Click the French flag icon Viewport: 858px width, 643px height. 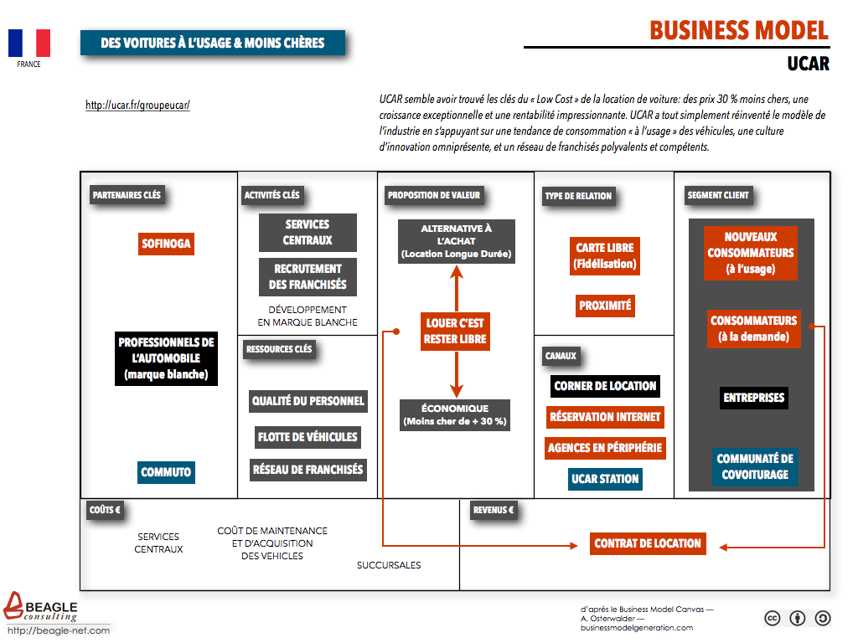(29, 44)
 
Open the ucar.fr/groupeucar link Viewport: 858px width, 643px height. (137, 105)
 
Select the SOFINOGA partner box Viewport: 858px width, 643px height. (166, 244)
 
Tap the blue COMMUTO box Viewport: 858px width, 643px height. (166, 472)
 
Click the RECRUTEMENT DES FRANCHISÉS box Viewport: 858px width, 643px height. (308, 276)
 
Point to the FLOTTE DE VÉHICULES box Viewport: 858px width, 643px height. (308, 437)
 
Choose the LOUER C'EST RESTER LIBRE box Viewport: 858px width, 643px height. (455, 332)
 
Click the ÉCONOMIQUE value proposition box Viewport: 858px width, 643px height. (455, 415)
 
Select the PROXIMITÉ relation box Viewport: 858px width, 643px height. (605, 306)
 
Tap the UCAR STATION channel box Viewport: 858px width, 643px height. (605, 479)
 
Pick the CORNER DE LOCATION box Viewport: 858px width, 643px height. (605, 386)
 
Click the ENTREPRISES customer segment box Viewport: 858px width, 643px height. (754, 398)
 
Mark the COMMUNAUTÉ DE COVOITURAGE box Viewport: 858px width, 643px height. (755, 467)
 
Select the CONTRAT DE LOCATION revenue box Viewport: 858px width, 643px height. (648, 543)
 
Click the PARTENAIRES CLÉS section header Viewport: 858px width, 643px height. (127, 195)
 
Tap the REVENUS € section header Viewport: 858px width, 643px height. (493, 510)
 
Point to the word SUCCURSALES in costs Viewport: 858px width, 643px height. (389, 565)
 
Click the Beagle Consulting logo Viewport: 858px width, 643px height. (40, 608)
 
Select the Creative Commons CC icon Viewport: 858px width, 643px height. (772, 619)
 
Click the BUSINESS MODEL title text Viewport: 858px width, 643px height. (739, 31)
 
